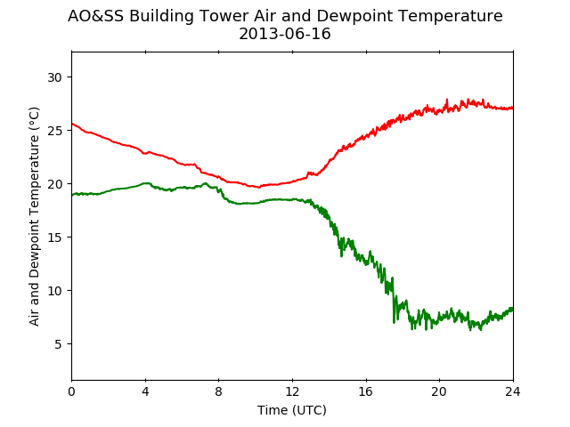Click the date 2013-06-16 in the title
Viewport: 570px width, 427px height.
click(x=285, y=34)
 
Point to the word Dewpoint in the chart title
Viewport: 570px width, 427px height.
click(x=350, y=17)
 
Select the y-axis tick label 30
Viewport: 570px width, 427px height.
click(x=54, y=77)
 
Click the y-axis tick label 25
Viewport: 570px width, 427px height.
click(x=54, y=131)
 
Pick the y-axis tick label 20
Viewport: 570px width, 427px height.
click(x=54, y=184)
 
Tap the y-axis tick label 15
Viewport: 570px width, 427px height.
click(x=54, y=238)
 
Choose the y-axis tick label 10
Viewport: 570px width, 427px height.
click(x=54, y=291)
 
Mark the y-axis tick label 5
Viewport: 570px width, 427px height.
click(x=58, y=344)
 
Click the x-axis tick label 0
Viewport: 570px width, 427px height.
click(x=71, y=391)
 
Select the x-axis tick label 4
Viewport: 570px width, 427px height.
click(x=145, y=391)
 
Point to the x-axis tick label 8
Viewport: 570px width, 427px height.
click(x=219, y=391)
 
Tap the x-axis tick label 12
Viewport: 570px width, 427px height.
click(x=292, y=391)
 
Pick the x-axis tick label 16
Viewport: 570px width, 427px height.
click(x=366, y=391)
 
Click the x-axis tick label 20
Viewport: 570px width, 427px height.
click(x=439, y=391)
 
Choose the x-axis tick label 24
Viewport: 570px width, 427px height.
click(x=513, y=391)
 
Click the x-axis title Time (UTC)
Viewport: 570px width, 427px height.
click(x=292, y=410)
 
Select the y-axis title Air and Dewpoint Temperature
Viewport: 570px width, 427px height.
click(x=34, y=216)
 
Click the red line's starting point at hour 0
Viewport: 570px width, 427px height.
click(x=72, y=124)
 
